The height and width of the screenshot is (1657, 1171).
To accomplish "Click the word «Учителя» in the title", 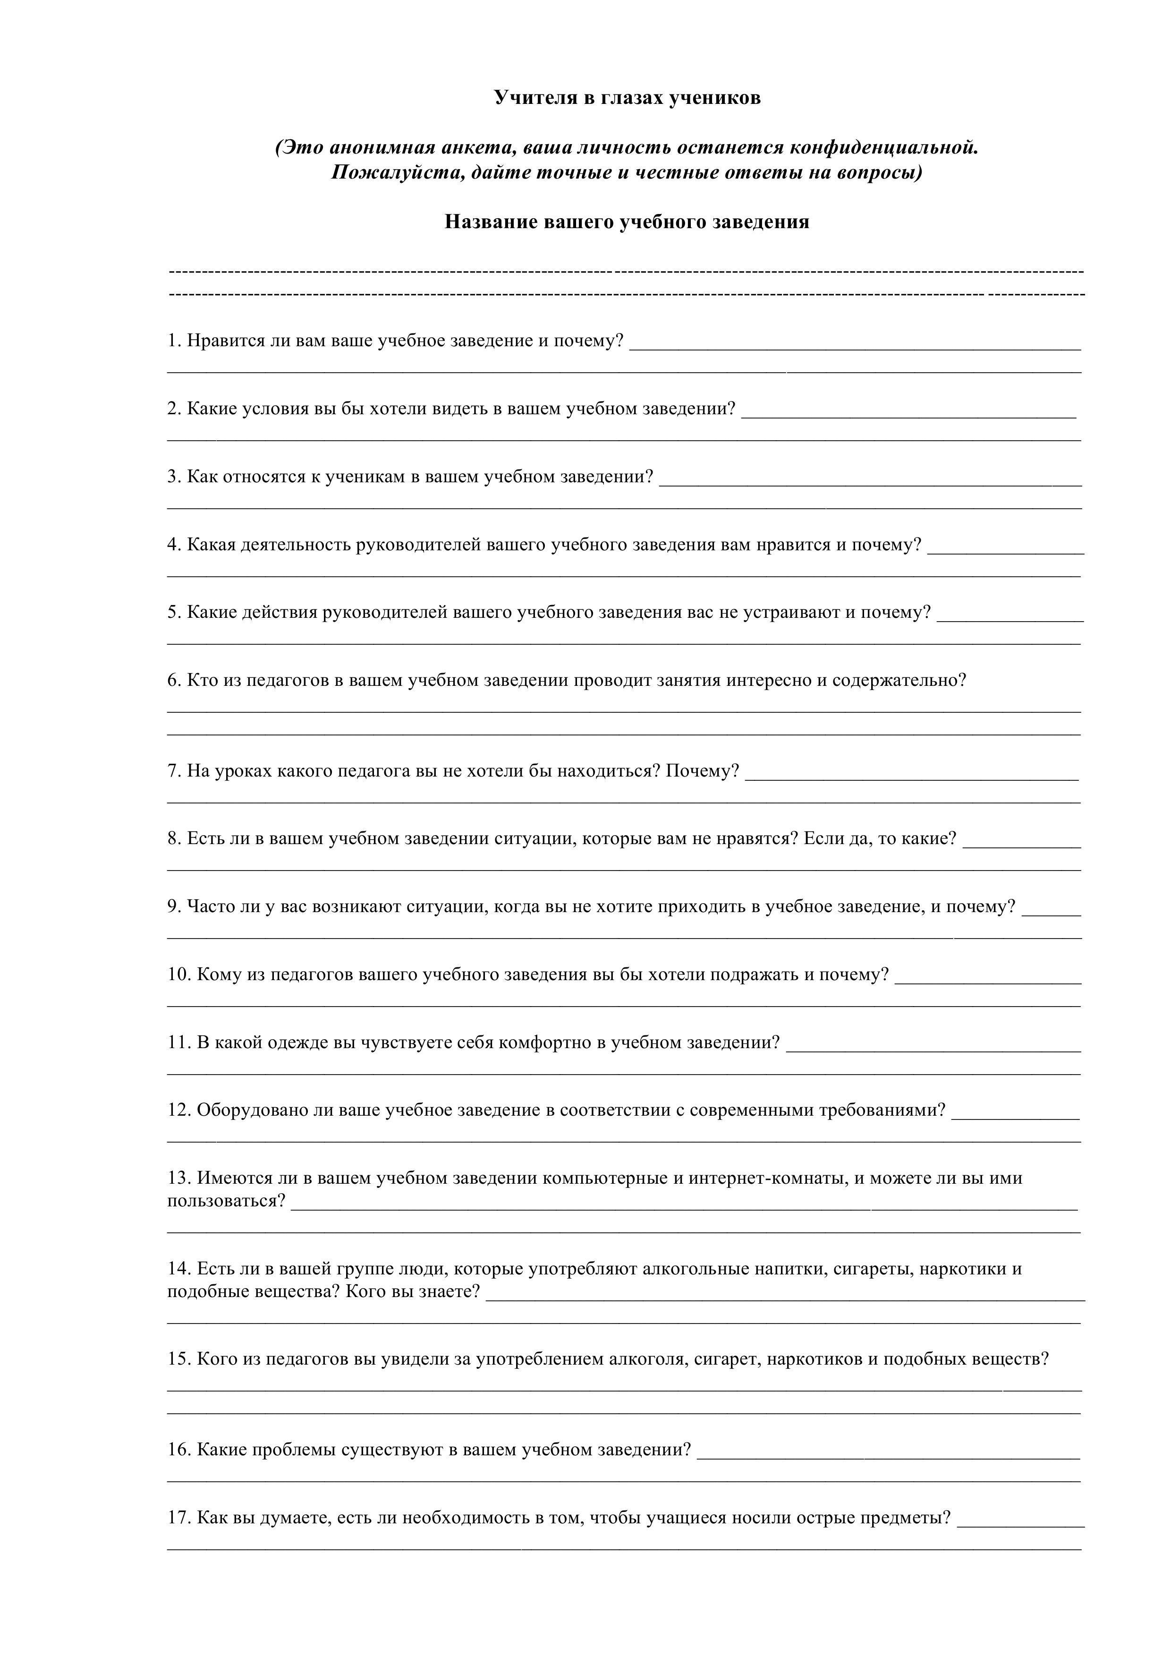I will pos(535,98).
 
